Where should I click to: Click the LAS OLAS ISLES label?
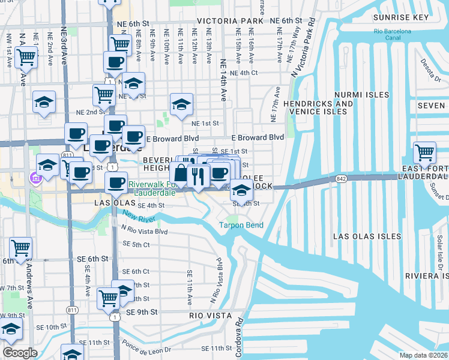tap(367, 236)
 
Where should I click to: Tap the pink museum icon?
tap(35, 178)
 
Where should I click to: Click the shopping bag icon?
tap(181, 172)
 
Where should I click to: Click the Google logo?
tap(20, 353)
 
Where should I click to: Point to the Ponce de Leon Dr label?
tap(151, 345)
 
